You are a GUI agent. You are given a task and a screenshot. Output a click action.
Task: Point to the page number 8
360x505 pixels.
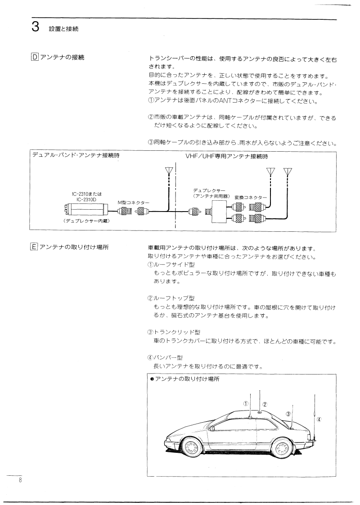tap(20, 480)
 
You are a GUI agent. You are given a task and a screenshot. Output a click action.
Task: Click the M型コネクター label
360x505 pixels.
tap(133, 203)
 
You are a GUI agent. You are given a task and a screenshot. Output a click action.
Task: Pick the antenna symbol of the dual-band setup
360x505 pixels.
tap(169, 171)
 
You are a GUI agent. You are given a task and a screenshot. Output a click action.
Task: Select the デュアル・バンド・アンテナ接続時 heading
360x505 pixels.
tap(76, 156)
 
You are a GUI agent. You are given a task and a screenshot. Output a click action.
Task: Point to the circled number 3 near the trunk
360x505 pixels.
tap(288, 413)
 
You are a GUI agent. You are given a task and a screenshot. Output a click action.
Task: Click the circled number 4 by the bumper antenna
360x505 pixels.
tap(319, 419)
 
